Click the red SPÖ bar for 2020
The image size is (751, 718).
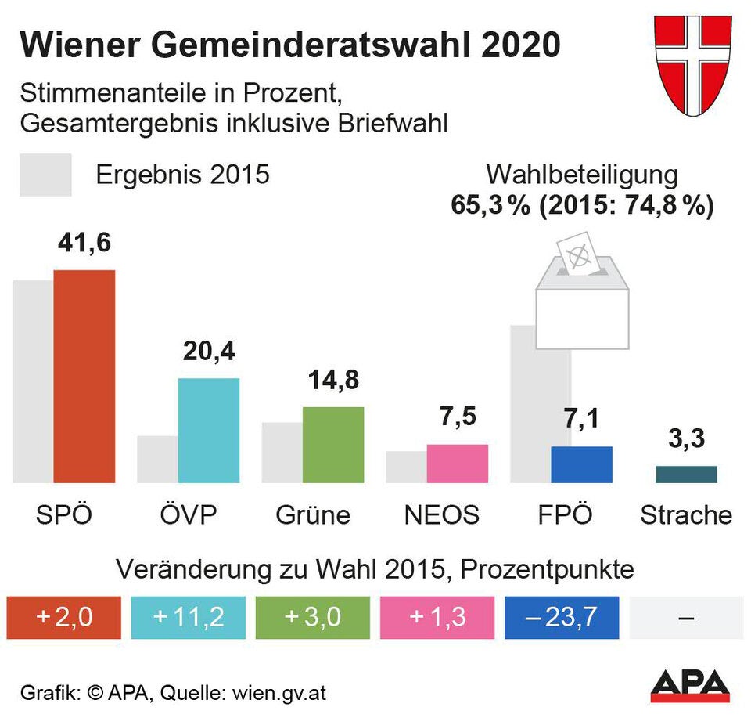tap(84, 376)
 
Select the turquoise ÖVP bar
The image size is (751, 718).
tap(208, 430)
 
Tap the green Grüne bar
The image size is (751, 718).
tap(332, 444)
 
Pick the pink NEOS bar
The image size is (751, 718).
tap(457, 463)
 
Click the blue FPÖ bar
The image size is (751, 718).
tap(581, 464)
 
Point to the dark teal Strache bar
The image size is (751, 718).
tap(686, 474)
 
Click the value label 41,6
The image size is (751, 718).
tap(84, 243)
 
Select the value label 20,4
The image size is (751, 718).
tap(209, 352)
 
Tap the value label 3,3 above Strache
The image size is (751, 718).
tap(686, 438)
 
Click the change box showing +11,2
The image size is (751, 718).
tap(188, 617)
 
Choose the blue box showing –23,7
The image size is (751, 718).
tap(562, 617)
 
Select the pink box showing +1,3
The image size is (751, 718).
tap(437, 617)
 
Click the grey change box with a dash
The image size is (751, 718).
tap(686, 617)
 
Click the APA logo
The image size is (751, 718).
tap(690, 686)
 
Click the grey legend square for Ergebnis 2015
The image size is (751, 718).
tap(45, 175)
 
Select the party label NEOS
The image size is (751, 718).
tap(441, 515)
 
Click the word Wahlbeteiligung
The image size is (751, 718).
tap(582, 175)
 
